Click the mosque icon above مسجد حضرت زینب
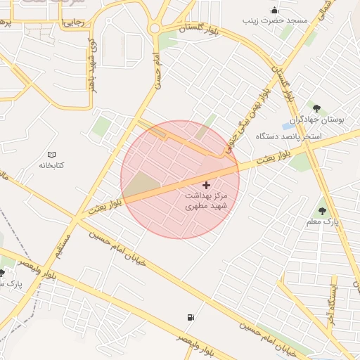point(274,10)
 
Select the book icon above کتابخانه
point(51,155)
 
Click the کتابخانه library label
point(51,165)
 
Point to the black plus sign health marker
point(205,184)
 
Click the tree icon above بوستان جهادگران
point(316,108)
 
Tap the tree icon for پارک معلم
point(322,210)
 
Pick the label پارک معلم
point(322,221)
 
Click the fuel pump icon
point(190,317)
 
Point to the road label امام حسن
point(160,70)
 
